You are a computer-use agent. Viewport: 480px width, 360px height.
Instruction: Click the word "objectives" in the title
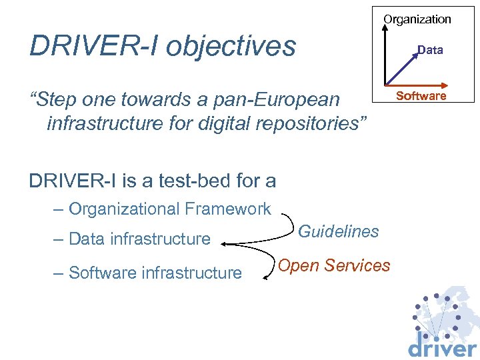point(231,47)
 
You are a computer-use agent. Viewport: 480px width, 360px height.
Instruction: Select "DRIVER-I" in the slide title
point(93,47)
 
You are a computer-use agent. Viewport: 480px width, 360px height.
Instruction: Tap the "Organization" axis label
point(417,19)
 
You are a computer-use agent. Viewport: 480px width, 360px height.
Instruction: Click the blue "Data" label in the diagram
point(430,50)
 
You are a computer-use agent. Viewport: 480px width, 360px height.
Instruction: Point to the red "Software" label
point(421,96)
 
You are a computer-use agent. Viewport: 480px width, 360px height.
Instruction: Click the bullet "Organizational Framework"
point(169,209)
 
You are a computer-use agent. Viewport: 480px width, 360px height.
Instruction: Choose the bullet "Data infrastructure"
point(139,239)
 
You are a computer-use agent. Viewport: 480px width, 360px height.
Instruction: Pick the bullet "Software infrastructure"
point(155,273)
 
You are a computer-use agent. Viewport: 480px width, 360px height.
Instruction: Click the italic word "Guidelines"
point(339,231)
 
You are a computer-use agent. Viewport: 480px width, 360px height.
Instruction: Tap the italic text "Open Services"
point(334,265)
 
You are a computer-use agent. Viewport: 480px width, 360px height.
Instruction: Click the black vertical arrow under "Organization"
point(388,53)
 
